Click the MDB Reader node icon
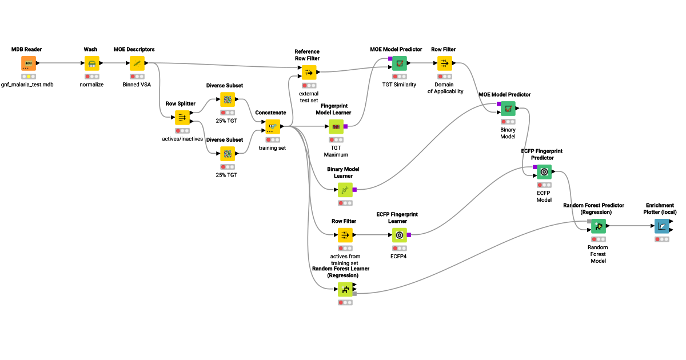pyautogui.click(x=29, y=63)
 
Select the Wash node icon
pyautogui.click(x=91, y=63)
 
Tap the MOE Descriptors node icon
pyautogui.click(x=137, y=63)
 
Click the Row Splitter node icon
pyautogui.click(x=182, y=118)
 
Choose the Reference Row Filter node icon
pyautogui.click(x=309, y=72)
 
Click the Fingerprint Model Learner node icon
pyautogui.click(x=336, y=126)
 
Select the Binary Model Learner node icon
pyautogui.click(x=345, y=189)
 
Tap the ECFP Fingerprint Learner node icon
pyautogui.click(x=400, y=235)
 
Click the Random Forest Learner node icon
pyautogui.click(x=345, y=290)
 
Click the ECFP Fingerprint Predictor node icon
pyautogui.click(x=544, y=171)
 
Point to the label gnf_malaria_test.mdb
pyautogui.click(x=29, y=85)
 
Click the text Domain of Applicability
pyautogui.click(x=445, y=87)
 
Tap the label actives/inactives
pyautogui.click(x=183, y=139)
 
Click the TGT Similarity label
pyautogui.click(x=400, y=84)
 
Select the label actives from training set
pyautogui.click(x=345, y=260)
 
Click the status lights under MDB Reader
pyautogui.click(x=29, y=76)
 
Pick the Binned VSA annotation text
pyautogui.click(x=137, y=84)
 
